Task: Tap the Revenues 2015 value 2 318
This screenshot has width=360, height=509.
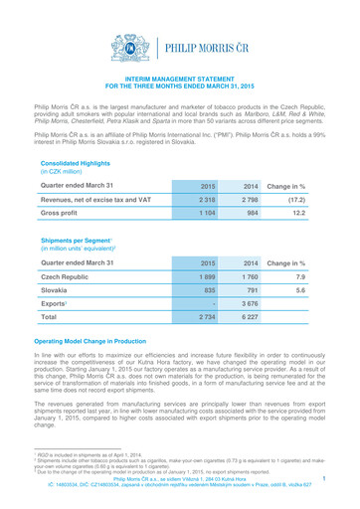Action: [207, 173]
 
